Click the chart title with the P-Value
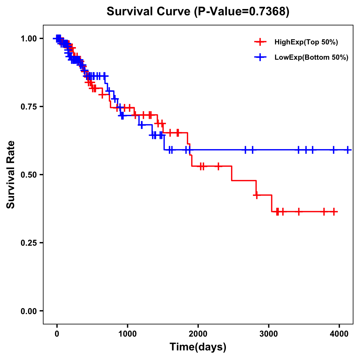click(x=198, y=12)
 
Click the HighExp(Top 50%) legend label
click(x=306, y=42)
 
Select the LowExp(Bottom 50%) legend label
click(x=311, y=58)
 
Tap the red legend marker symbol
click(x=260, y=42)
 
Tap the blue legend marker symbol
click(x=260, y=57)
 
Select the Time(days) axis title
click(x=198, y=347)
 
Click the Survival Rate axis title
click(x=11, y=175)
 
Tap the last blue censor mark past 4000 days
click(x=348, y=150)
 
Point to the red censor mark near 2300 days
click(x=218, y=166)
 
